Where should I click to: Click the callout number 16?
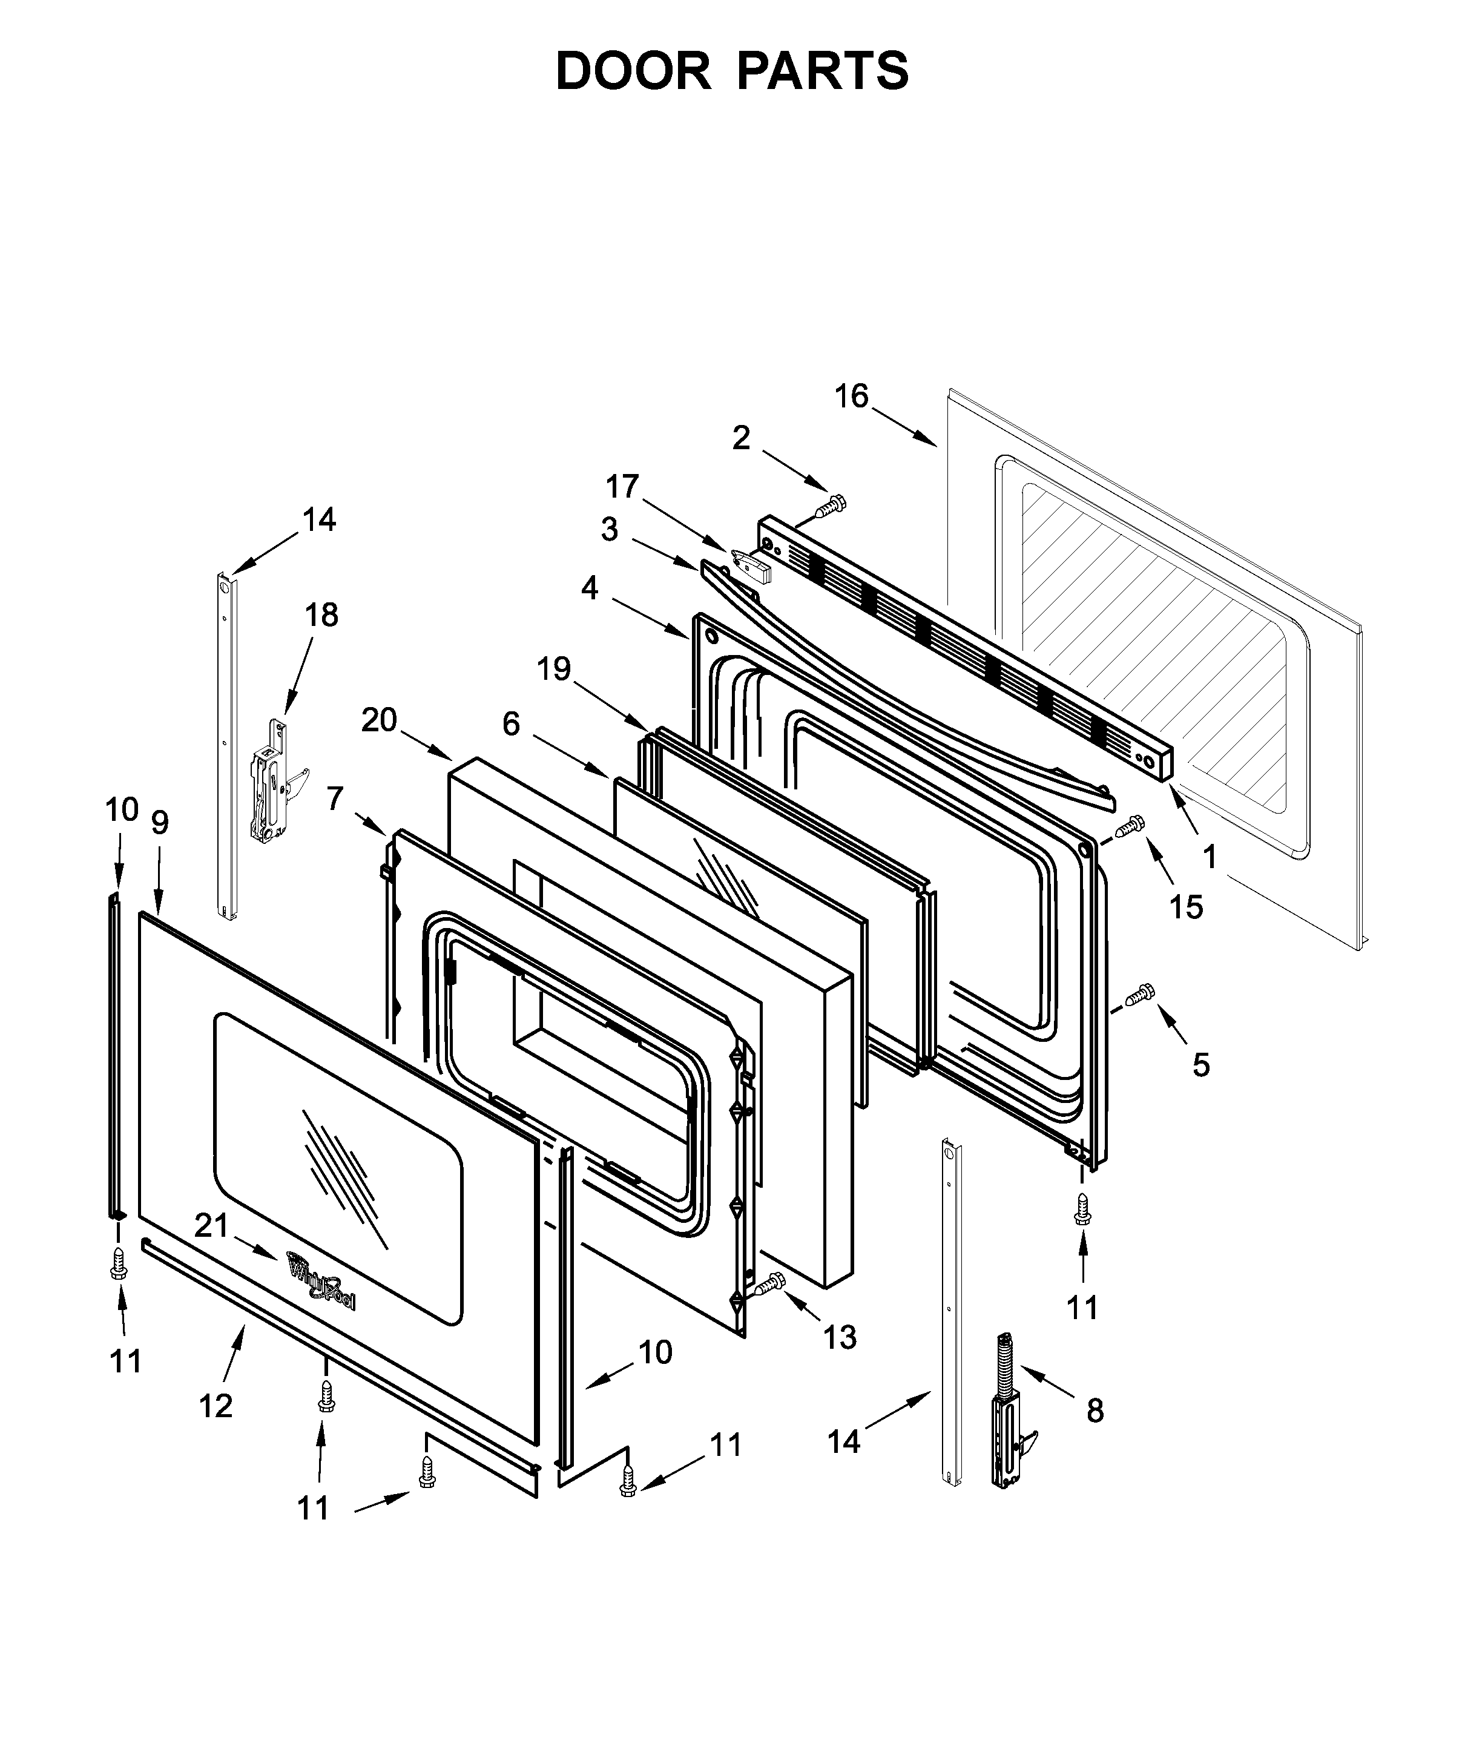point(851,396)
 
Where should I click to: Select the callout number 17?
point(622,486)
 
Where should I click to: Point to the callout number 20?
point(378,720)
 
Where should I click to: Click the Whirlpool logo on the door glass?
point(321,1290)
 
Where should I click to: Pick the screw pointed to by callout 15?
point(1128,827)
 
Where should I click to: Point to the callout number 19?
point(553,668)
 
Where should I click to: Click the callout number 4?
point(590,588)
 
